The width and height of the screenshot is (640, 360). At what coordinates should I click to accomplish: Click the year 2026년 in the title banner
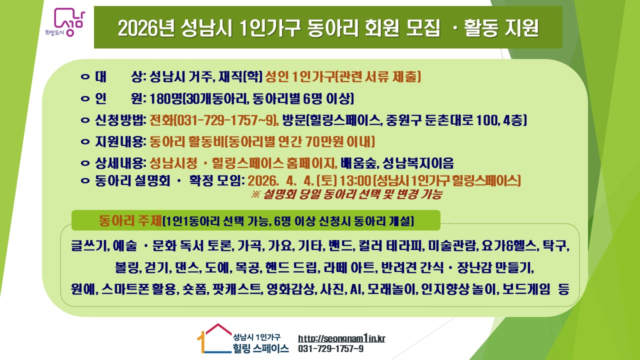[146, 28]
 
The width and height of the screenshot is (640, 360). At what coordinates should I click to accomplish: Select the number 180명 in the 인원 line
[165, 98]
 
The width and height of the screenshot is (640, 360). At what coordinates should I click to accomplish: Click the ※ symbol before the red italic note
[255, 194]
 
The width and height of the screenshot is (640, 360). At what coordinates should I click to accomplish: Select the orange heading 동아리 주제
[130, 220]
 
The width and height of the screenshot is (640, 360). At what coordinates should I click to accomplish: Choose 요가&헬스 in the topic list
[509, 245]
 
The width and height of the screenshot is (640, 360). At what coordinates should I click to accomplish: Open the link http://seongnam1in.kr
[341, 338]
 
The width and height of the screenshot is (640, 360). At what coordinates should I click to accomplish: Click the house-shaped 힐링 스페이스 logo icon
[214, 338]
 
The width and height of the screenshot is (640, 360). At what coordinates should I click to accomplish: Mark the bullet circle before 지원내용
[85, 141]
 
